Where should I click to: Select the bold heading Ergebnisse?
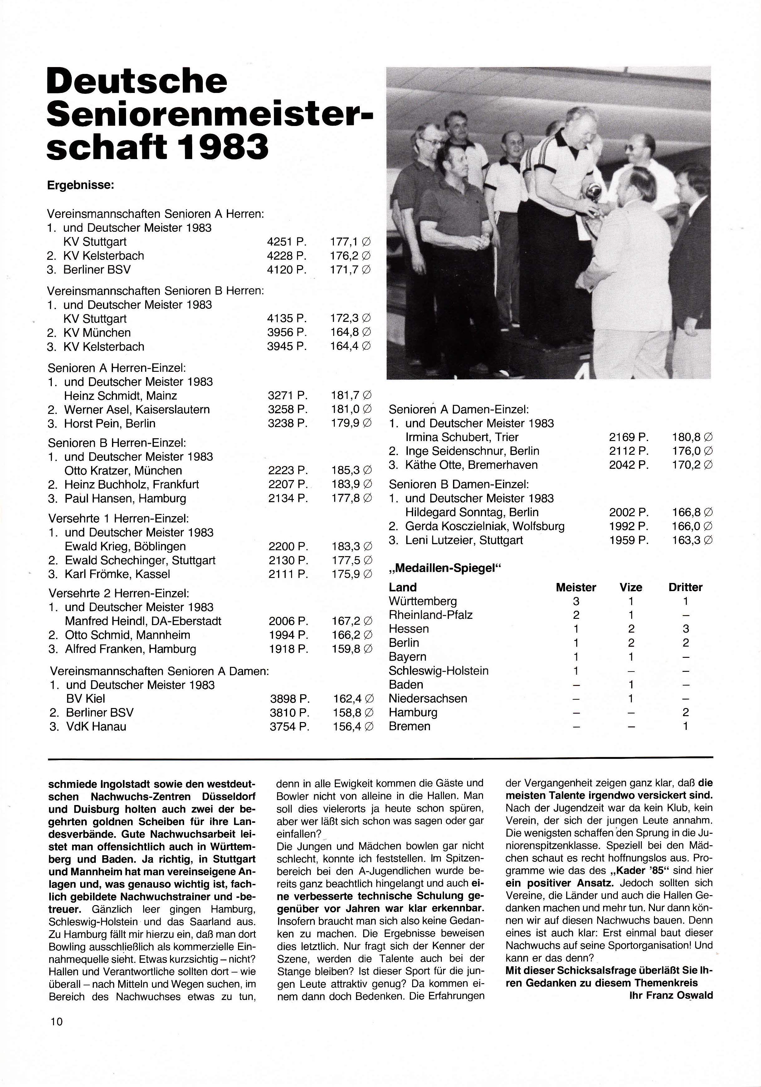pos(80,185)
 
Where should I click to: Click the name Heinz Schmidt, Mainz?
pos(121,396)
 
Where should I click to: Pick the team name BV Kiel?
pos(86,699)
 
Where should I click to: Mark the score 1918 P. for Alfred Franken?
pos(288,649)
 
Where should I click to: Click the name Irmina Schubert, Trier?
pos(462,437)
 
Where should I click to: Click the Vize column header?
pos(631,588)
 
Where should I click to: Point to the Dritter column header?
pos(685,588)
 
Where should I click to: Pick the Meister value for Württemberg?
pos(576,602)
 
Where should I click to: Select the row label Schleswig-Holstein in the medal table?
pos(438,671)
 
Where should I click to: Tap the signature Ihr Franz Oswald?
pos(671,995)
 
